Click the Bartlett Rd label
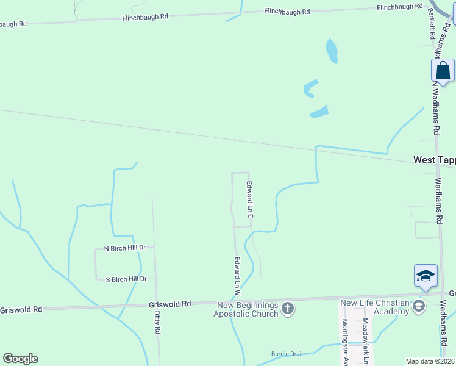click(x=432, y=24)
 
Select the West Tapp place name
click(x=434, y=160)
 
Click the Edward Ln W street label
click(x=237, y=273)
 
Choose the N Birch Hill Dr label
click(x=125, y=248)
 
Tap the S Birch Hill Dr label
click(x=126, y=279)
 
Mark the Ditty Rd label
click(x=157, y=322)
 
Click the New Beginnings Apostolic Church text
click(x=246, y=309)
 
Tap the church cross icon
click(x=288, y=309)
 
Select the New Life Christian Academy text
click(x=374, y=307)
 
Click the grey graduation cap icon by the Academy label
click(x=418, y=306)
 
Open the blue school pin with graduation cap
click(x=426, y=276)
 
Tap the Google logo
click(x=20, y=359)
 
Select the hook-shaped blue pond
click(x=310, y=88)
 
